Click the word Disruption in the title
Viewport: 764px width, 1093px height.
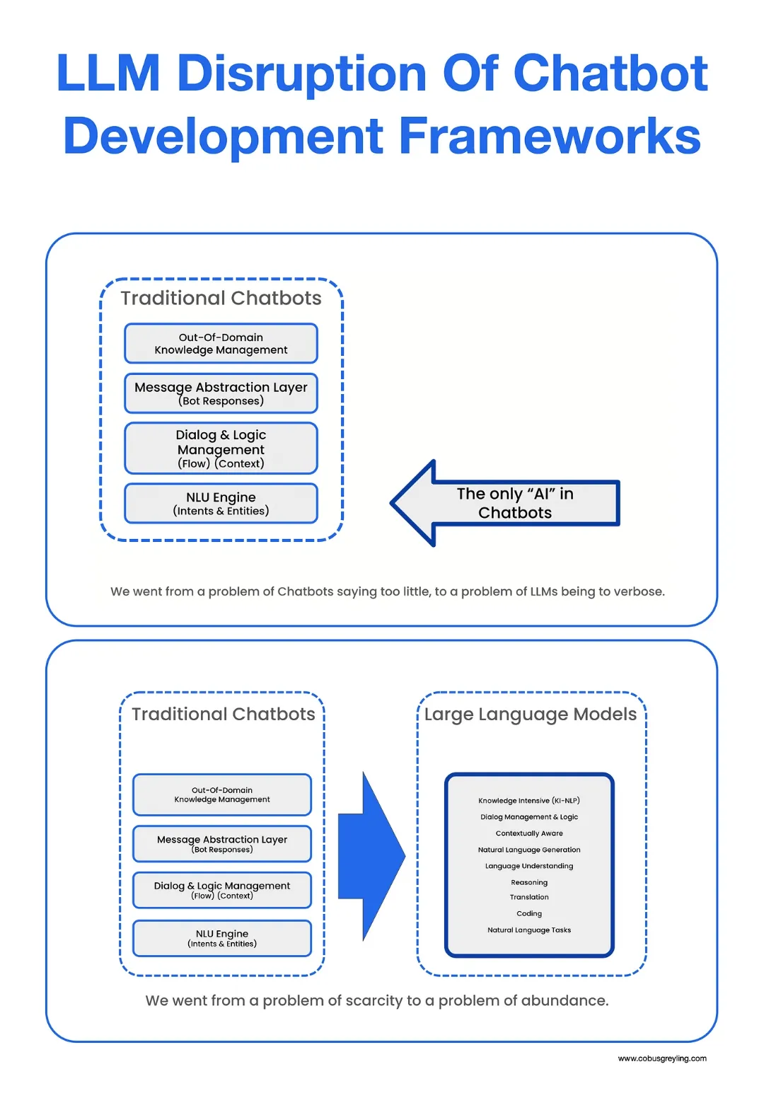302,74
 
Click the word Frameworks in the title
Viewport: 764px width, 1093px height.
550,136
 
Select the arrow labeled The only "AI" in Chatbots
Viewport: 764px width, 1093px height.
505,503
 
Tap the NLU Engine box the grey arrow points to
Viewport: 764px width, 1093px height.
221,503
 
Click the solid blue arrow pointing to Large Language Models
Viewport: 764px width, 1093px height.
371,856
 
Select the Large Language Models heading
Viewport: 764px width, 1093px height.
531,715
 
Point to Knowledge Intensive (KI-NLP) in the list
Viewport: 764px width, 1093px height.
529,801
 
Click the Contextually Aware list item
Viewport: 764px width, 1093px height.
529,833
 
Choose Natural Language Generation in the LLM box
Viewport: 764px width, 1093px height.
529,850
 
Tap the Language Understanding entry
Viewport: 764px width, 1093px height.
529,866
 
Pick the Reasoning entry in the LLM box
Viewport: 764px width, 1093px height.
529,882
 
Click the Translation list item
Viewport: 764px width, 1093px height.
529,897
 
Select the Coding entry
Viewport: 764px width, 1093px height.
529,913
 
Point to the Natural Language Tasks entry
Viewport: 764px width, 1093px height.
529,930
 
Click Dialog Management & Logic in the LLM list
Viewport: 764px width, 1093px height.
529,817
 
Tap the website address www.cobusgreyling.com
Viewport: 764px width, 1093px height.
662,1058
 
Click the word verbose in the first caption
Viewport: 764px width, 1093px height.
640,591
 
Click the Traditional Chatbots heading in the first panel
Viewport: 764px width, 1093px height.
221,299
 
